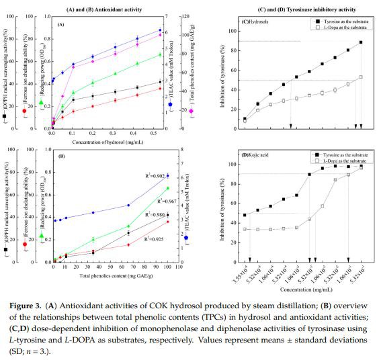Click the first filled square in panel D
(x=245, y=215)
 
